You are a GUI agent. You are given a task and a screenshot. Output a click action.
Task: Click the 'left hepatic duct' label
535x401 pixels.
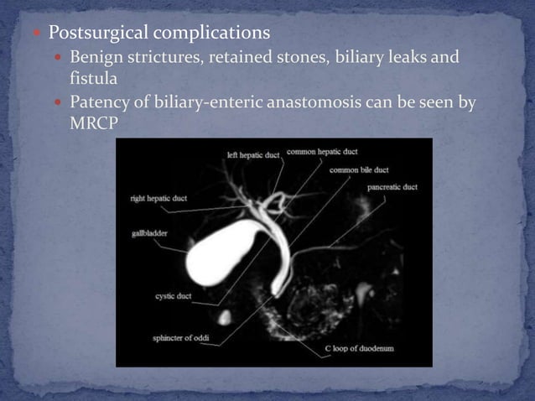tap(255, 154)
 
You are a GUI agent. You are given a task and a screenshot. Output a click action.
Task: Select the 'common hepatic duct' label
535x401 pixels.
tap(322, 152)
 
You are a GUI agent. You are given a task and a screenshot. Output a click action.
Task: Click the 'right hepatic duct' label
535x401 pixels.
tap(158, 199)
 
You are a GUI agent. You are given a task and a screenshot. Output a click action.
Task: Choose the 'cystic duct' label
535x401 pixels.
tap(174, 295)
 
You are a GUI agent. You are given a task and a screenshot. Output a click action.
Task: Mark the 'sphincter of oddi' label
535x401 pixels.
tap(182, 339)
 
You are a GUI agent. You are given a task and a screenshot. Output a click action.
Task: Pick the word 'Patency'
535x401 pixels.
tap(99, 102)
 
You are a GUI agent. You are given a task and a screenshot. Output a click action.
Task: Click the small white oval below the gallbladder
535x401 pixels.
tap(225, 317)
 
